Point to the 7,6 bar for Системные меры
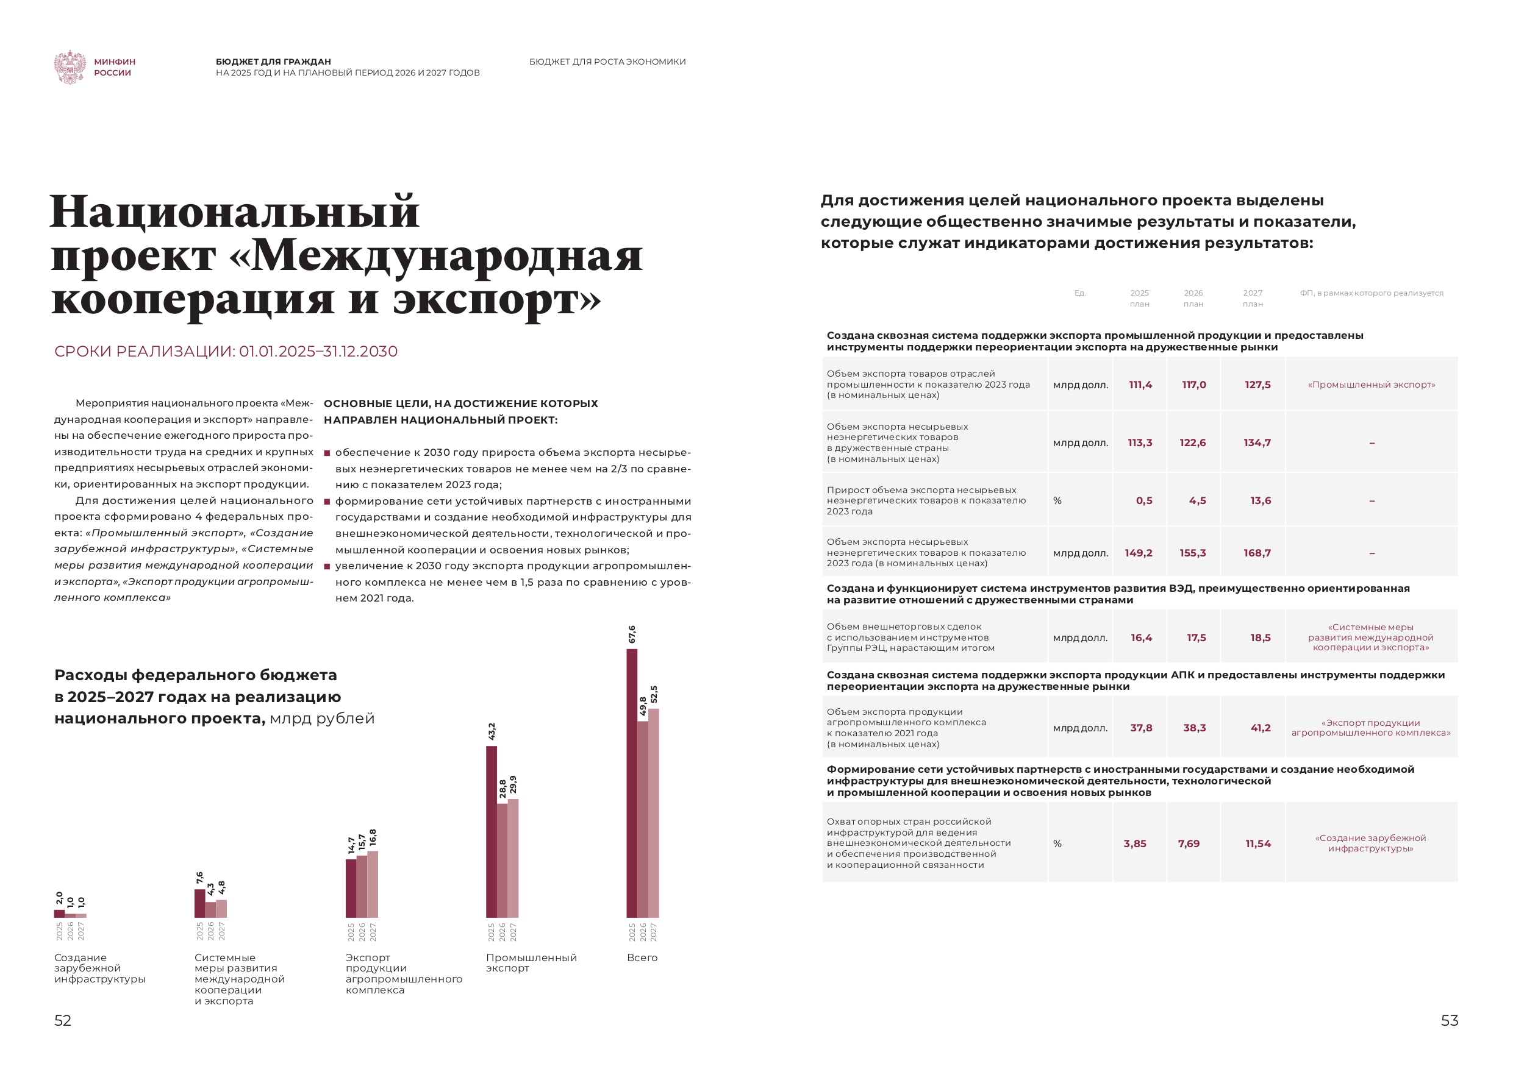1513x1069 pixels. [x=199, y=903]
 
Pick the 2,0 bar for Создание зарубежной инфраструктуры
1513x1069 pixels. [x=59, y=914]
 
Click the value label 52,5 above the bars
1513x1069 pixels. [x=654, y=694]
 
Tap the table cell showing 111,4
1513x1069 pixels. [x=1140, y=385]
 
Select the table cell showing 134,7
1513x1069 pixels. [x=1257, y=442]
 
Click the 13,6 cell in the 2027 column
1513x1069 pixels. [x=1260, y=500]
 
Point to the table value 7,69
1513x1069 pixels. [x=1188, y=843]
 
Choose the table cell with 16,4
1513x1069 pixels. [x=1140, y=637]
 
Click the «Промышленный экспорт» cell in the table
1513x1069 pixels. [x=1371, y=385]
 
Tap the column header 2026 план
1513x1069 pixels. [x=1193, y=299]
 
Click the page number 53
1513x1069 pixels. [x=1449, y=1020]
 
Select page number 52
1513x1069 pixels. [x=63, y=1020]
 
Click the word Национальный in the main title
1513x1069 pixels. [x=235, y=212]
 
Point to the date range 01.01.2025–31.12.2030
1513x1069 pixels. [x=318, y=351]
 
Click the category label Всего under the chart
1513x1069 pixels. [x=642, y=957]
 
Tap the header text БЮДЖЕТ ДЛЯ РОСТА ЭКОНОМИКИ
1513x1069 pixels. [x=607, y=62]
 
